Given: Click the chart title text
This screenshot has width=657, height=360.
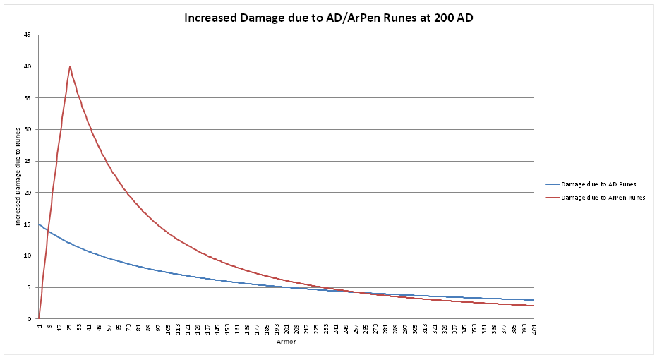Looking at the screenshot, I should pyautogui.click(x=328, y=18).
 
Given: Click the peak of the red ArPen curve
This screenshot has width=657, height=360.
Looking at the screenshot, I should pyautogui.click(x=70, y=66).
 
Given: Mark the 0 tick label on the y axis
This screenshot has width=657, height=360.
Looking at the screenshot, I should pyautogui.click(x=28, y=319).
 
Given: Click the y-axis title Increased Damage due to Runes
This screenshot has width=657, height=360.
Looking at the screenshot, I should pyautogui.click(x=18, y=176).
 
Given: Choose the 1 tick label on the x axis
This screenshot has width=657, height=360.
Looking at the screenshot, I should pyautogui.click(x=40, y=325).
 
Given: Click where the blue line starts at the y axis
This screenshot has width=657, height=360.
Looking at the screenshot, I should pyautogui.click(x=39, y=224).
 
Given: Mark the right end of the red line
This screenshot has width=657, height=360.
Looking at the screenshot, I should pyautogui.click(x=534, y=306).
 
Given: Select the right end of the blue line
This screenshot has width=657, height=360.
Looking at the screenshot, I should pyautogui.click(x=534, y=300).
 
